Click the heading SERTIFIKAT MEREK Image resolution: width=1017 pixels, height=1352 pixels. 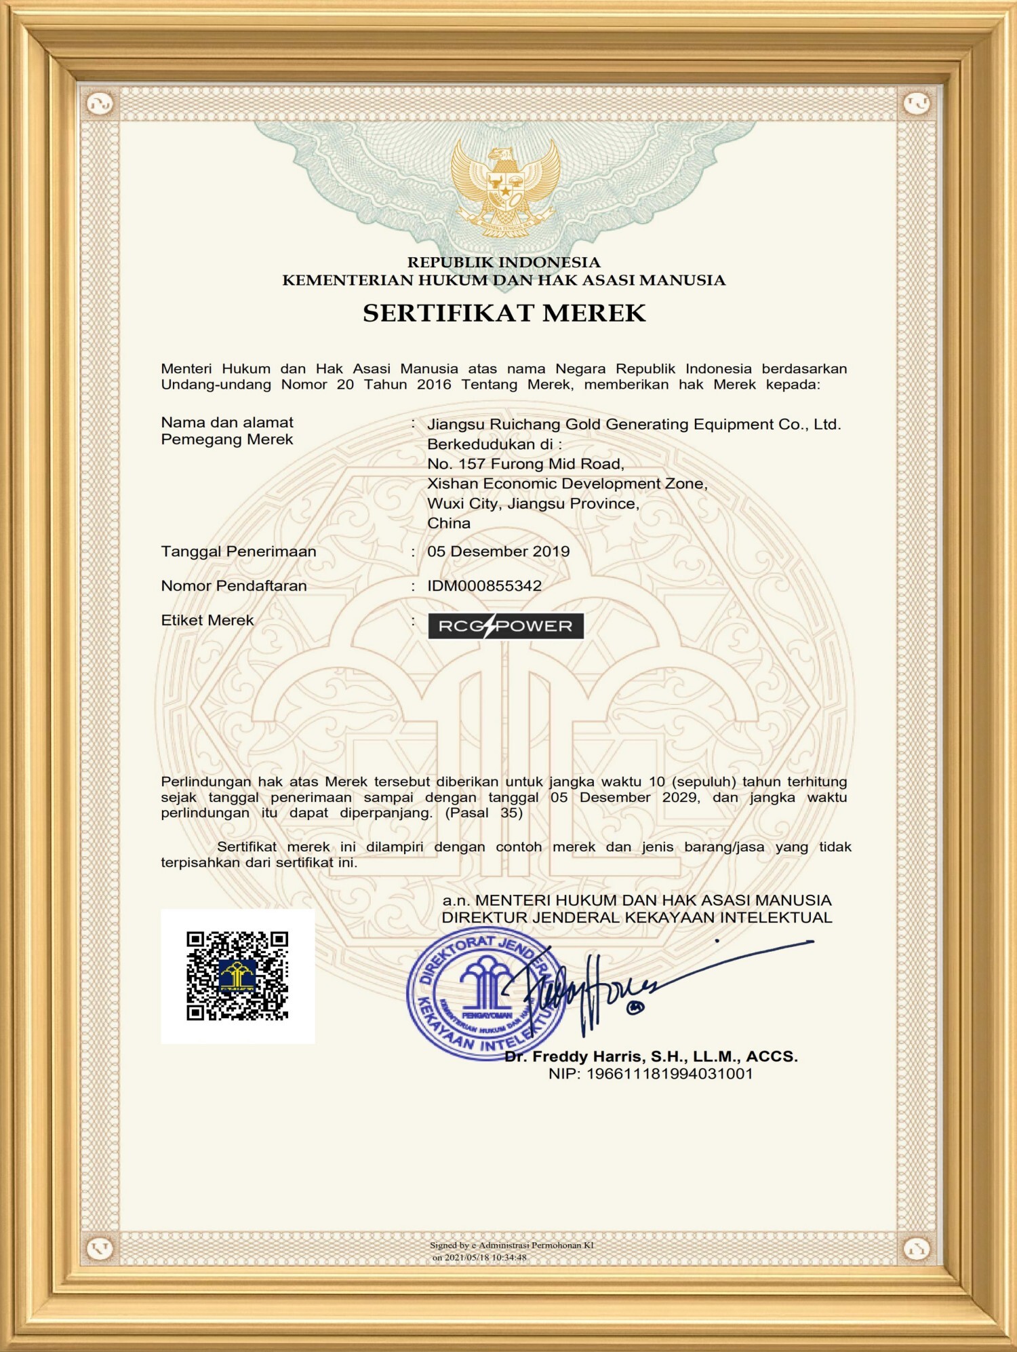pyautogui.click(x=504, y=313)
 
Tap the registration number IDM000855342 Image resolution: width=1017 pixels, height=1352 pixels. pyautogui.click(x=484, y=586)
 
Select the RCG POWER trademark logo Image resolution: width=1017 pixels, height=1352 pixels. pyautogui.click(x=505, y=625)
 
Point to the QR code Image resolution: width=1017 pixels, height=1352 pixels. pyautogui.click(x=237, y=976)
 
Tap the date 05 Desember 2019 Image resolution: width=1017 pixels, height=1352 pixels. pyautogui.click(x=498, y=552)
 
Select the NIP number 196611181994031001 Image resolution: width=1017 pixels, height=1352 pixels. pyautogui.click(x=669, y=1074)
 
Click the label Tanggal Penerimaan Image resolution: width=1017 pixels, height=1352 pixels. pyautogui.click(x=239, y=552)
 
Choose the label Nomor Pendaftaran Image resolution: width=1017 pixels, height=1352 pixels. pyautogui.click(x=234, y=586)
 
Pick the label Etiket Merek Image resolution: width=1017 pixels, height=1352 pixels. pyautogui.click(x=207, y=620)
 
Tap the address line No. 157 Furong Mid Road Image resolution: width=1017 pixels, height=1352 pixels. pyautogui.click(x=525, y=464)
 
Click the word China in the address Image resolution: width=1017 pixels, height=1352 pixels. pyautogui.click(x=449, y=523)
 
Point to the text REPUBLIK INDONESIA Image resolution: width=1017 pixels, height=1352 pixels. pyautogui.click(x=504, y=263)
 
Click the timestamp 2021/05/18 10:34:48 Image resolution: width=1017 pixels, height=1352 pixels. pyautogui.click(x=485, y=1257)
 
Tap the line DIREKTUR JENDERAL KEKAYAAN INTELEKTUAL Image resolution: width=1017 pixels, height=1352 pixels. pyautogui.click(x=637, y=918)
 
